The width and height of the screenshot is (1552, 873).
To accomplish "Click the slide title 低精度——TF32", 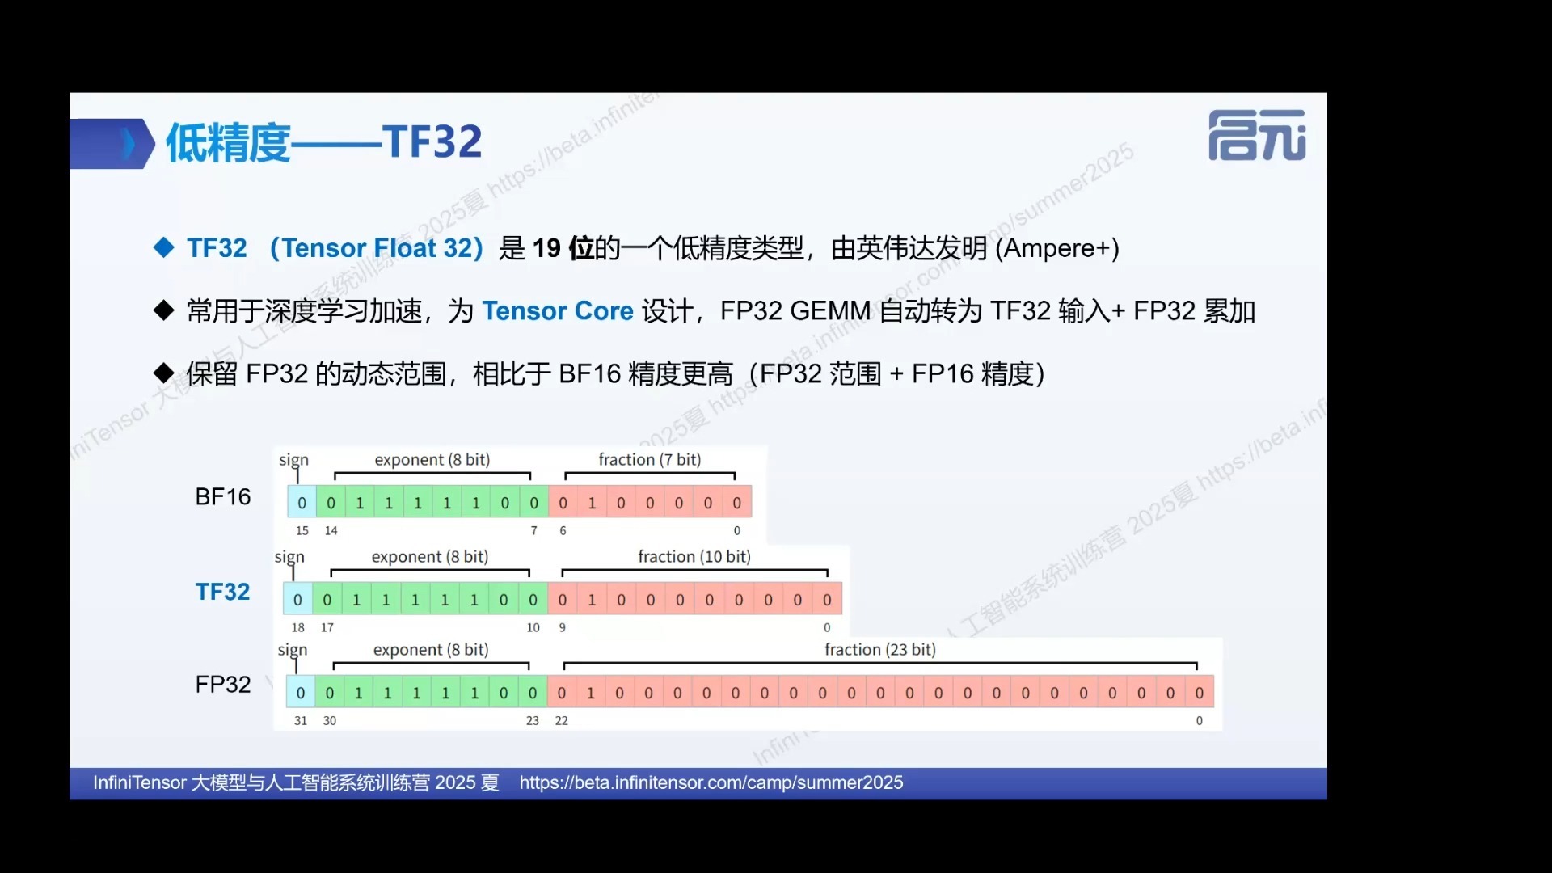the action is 324,142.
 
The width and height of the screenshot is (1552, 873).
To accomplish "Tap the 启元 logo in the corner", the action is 1257,135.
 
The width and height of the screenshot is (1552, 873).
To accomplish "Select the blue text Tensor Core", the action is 558,311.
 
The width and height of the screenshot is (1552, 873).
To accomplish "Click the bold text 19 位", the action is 563,248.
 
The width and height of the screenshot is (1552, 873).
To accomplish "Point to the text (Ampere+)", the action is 1057,248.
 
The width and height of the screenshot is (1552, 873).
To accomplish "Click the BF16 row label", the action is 223,497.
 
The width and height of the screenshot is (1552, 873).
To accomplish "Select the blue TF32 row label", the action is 223,592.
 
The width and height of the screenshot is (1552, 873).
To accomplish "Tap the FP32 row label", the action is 223,685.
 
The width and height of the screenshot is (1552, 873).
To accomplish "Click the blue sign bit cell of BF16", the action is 302,502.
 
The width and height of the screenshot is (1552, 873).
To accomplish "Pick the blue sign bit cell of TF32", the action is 297,599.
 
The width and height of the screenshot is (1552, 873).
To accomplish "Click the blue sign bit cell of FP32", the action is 300,692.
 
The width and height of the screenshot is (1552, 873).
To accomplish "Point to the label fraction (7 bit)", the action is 650,459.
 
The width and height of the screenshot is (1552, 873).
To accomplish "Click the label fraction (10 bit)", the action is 694,556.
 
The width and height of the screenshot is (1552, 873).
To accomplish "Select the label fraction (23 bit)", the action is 880,649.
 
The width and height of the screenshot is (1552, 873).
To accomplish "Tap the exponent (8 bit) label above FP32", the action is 431,649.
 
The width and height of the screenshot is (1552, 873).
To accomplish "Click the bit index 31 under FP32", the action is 301,720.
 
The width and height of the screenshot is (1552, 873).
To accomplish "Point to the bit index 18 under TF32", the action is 298,627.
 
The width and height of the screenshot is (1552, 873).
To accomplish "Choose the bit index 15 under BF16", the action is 302,530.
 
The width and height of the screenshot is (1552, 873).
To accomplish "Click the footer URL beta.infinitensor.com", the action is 711,782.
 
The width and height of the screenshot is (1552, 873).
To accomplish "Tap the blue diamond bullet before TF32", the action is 164,247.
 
